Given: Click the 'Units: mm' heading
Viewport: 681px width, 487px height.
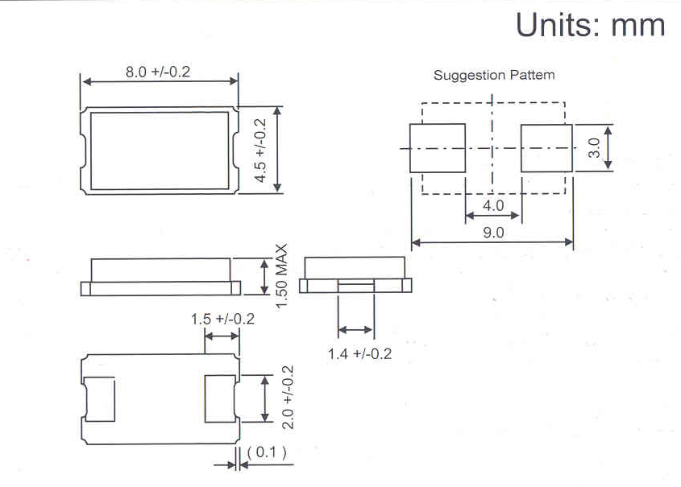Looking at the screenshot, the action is (590, 25).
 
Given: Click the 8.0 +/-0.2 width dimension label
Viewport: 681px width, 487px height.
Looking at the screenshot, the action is (158, 72).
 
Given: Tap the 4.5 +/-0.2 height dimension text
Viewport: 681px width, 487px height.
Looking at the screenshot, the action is (260, 151).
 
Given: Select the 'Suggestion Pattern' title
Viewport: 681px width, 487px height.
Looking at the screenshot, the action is (494, 75).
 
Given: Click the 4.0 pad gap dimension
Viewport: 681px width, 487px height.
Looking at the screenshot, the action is (493, 205).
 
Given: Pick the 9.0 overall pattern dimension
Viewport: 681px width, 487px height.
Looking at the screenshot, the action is (493, 233).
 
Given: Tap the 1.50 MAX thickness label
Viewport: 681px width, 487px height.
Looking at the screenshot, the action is (281, 276).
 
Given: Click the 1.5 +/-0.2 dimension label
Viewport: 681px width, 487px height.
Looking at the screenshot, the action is (222, 320).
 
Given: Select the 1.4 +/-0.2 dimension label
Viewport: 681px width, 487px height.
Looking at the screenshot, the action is (359, 354).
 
